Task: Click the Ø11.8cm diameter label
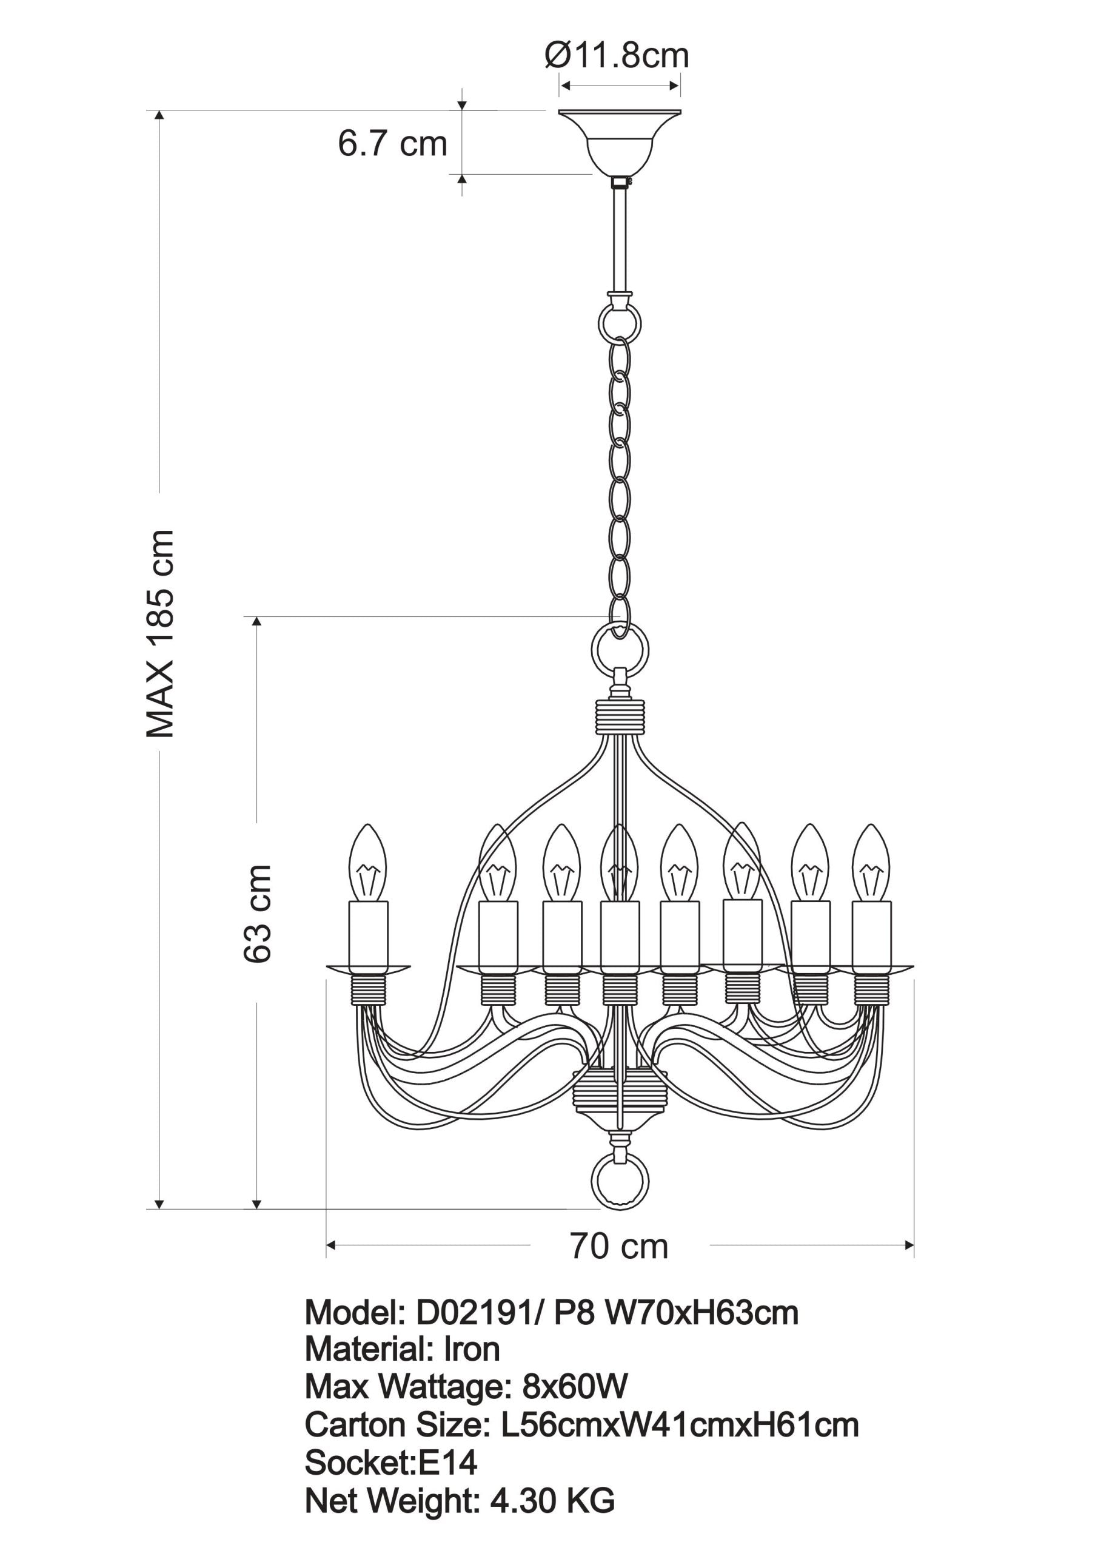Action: point(617,56)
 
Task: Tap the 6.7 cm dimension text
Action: point(392,143)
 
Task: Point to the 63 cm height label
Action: point(258,912)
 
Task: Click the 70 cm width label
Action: point(618,1247)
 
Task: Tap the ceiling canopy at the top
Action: point(619,141)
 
